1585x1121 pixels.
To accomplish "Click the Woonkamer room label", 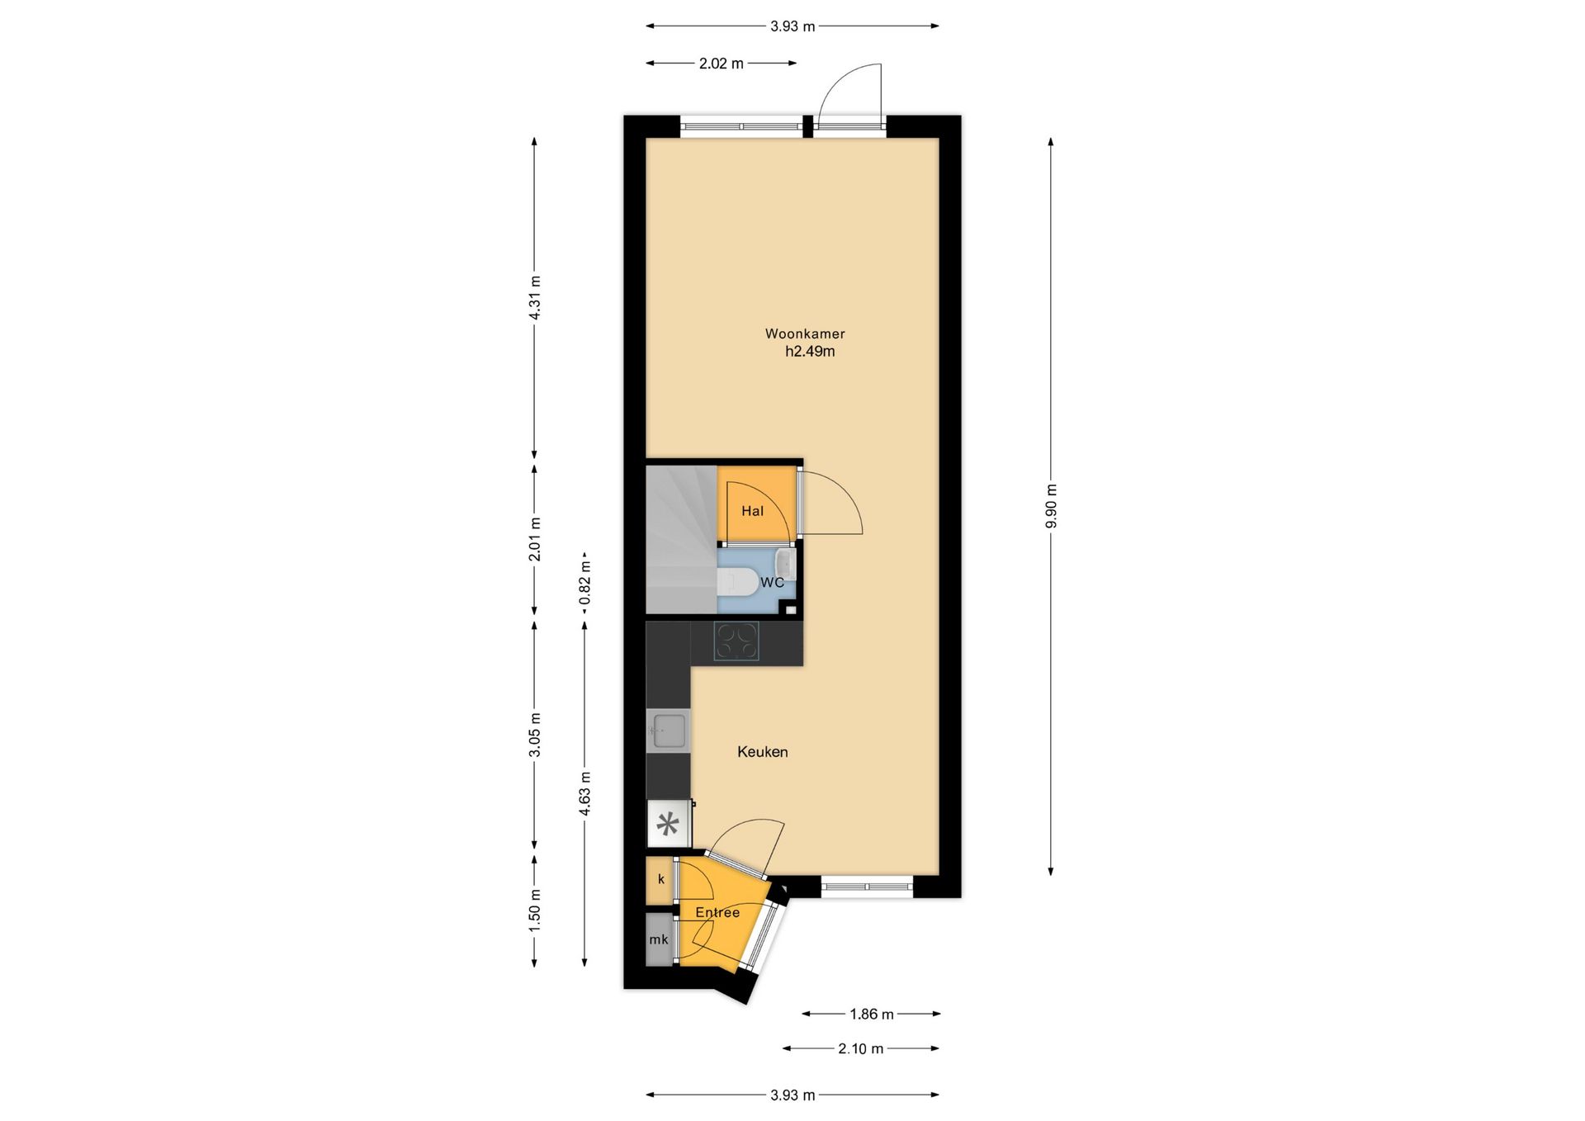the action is pos(805,334).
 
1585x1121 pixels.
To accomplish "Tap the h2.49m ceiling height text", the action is pos(810,352).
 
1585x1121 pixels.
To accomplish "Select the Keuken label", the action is pos(763,752).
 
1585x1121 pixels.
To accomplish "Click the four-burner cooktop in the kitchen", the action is pos(736,641).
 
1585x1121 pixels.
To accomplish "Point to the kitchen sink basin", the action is pos(668,731).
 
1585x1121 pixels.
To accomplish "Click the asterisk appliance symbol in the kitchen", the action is pos(668,825).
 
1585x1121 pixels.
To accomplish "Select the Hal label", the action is pos(752,511).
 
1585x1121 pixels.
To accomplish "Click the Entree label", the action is pos(717,912).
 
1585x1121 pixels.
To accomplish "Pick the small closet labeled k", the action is pos(660,880).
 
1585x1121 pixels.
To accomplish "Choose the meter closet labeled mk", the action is pos(659,939).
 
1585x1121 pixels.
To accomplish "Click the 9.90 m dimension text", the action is pos(1051,506).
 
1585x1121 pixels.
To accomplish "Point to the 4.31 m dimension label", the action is pos(534,297).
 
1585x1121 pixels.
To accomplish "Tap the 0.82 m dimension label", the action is pos(585,583).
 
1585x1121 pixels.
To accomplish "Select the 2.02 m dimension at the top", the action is pos(722,64).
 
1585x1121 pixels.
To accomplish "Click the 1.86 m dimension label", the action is pos(872,1014).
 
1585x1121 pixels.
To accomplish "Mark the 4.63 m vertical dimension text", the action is pos(585,794).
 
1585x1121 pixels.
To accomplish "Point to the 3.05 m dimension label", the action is pos(534,735).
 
